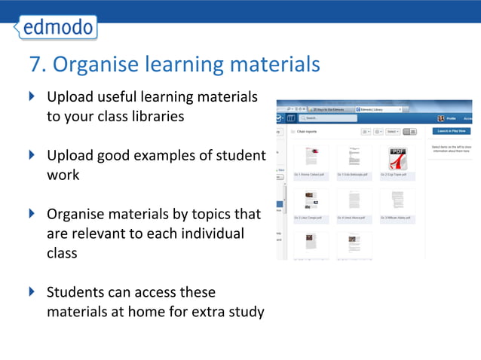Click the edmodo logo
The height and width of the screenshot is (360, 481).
57,27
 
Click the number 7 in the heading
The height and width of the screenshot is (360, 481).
34,65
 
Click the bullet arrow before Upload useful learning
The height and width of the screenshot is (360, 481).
31,97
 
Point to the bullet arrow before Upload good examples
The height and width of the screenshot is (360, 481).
31,155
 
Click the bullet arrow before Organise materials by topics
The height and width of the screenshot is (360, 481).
31,213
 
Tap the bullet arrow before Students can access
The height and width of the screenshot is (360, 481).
31,291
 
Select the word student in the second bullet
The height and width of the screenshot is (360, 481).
241,155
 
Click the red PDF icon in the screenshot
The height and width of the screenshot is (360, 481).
397,158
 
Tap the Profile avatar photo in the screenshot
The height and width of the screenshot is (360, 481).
441,118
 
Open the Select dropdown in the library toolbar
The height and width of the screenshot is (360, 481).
391,132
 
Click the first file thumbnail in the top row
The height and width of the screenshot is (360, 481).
311,157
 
